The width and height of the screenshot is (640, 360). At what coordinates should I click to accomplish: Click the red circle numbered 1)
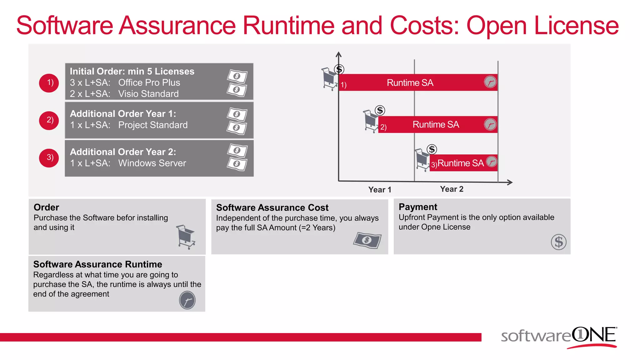tap(49, 83)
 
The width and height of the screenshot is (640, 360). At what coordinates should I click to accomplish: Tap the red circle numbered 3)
tap(49, 158)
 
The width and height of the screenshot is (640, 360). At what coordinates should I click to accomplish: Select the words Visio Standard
tap(148, 94)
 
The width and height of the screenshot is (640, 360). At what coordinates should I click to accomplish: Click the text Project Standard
tap(153, 125)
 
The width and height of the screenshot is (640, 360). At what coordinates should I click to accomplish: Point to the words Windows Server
tap(152, 163)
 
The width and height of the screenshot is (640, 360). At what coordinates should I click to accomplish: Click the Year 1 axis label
tap(380, 190)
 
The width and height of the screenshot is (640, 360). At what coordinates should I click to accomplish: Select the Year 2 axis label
tap(452, 189)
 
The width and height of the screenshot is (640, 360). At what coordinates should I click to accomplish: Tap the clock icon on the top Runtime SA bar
tap(490, 82)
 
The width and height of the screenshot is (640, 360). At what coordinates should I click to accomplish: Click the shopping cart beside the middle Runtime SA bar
tap(371, 121)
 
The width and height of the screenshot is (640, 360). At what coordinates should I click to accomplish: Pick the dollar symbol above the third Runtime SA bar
tap(432, 149)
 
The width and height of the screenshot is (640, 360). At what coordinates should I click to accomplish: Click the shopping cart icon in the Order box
tap(186, 237)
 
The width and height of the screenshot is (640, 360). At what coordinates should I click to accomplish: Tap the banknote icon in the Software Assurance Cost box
tap(367, 240)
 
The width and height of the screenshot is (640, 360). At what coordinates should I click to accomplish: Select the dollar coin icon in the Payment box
tap(558, 242)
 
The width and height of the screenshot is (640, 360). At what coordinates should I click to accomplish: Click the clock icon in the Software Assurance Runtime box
tap(187, 300)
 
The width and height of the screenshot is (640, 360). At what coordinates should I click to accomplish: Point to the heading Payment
tap(418, 207)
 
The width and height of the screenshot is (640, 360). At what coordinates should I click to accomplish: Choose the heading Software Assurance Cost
tap(272, 207)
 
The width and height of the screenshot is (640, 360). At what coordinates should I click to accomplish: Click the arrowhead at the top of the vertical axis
tap(338, 54)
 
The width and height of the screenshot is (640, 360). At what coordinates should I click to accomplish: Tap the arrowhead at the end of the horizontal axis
tap(510, 182)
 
